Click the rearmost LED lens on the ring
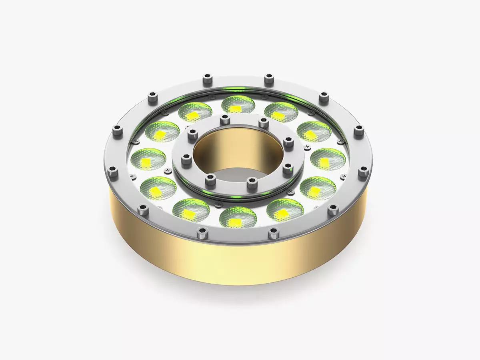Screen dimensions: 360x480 [x=238, y=105]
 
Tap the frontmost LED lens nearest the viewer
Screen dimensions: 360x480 [x=238, y=217]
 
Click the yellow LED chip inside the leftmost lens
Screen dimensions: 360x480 [x=147, y=161]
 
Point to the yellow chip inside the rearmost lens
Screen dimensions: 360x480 [x=237, y=109]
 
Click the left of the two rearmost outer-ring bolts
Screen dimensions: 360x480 [x=207, y=77]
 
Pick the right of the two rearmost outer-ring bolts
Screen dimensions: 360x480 [x=268, y=78]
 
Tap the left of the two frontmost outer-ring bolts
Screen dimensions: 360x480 [x=202, y=232]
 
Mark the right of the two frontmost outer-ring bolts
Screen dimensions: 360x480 [x=273, y=231]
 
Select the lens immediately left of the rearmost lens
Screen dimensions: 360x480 [x=195, y=112]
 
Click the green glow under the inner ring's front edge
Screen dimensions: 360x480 [x=236, y=196]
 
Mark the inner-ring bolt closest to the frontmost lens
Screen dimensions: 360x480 [x=251, y=183]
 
